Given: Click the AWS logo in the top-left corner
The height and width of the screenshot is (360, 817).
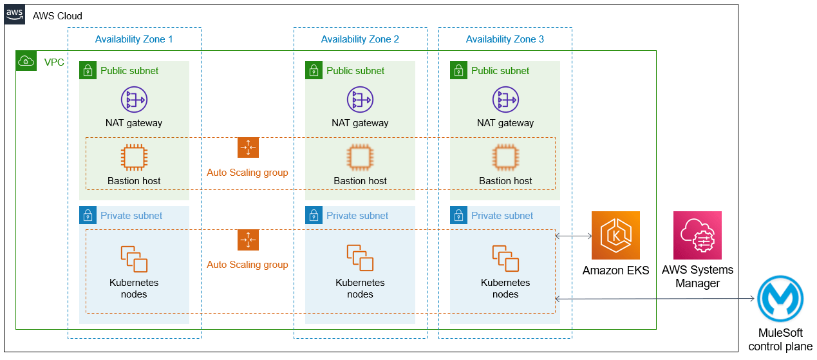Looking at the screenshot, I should pos(14,14).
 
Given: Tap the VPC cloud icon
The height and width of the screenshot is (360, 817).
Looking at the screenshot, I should pos(26,61).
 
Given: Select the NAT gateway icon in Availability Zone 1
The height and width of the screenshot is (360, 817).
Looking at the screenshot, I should pos(134,100).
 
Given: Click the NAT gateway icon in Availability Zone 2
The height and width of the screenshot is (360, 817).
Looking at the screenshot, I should pos(360,100).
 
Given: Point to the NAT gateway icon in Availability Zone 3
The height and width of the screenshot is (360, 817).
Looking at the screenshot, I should pos(505,100).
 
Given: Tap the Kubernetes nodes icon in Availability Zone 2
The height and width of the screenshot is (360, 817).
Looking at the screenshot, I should pos(360,258).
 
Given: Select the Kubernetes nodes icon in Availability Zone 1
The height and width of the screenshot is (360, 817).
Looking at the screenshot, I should pos(134,258).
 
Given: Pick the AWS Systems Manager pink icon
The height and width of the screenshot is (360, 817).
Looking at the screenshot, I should pos(697,236).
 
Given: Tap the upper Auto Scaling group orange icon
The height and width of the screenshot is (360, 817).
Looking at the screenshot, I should pos(248,148).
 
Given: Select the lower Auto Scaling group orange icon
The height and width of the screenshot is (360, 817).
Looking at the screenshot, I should pos(248,240).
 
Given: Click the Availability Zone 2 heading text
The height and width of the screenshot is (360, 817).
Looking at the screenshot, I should pos(360,39).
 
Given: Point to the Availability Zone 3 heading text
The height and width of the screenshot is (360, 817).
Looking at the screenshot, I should pos(505,39).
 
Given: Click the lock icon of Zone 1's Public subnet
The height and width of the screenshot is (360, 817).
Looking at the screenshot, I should pos(88,70).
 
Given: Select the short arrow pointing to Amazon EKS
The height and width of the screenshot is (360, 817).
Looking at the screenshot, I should pos(574,236).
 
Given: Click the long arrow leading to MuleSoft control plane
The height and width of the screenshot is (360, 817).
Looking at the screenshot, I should pos(654,299).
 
